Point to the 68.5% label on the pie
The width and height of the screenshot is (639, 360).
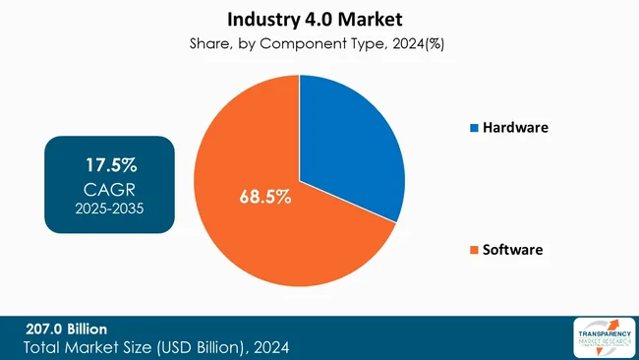[x=265, y=197]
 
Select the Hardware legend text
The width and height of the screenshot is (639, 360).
[x=516, y=128]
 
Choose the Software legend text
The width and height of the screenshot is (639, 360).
[x=512, y=250]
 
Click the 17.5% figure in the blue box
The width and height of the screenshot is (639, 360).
[x=109, y=163]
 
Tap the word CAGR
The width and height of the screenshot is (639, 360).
[x=109, y=187]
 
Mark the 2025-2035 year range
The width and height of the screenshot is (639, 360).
[x=109, y=209]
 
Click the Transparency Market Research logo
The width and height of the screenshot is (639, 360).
[x=603, y=337]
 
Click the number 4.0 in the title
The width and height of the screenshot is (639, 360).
[x=327, y=19]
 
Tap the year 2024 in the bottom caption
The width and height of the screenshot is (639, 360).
[x=269, y=347]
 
